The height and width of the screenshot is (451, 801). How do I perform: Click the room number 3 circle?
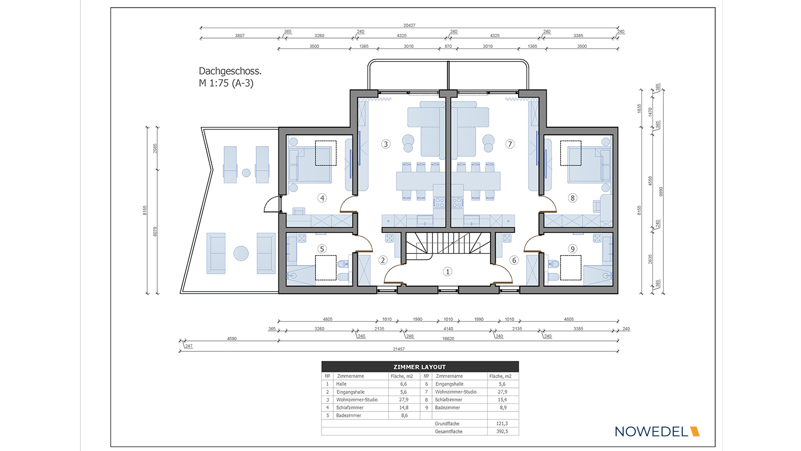(385, 144)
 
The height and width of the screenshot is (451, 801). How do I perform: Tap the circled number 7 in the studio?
(510, 144)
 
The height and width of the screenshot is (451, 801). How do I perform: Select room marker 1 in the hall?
(448, 272)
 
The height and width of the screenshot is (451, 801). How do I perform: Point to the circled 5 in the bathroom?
(322, 249)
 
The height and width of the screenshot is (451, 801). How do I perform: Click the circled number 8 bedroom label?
(573, 198)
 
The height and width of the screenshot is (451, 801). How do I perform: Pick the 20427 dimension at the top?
(409, 26)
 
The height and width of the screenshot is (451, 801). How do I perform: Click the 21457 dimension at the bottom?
(398, 349)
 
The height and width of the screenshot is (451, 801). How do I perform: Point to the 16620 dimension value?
(448, 339)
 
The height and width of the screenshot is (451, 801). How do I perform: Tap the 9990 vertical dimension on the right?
(661, 191)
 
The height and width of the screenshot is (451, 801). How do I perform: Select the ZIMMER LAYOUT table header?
(420, 367)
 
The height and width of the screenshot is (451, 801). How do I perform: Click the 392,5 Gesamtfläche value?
(502, 431)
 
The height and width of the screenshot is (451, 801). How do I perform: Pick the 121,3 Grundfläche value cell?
(502, 423)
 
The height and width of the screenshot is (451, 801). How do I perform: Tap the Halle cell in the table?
(341, 384)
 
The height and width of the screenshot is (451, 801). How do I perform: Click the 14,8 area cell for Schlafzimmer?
(404, 407)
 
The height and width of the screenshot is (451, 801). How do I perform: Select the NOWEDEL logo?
(657, 431)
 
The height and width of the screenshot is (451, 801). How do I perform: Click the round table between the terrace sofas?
(241, 253)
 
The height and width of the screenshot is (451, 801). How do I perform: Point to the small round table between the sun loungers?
(246, 173)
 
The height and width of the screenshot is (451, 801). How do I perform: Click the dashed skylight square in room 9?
(570, 267)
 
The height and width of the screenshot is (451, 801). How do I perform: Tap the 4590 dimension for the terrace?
(232, 338)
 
